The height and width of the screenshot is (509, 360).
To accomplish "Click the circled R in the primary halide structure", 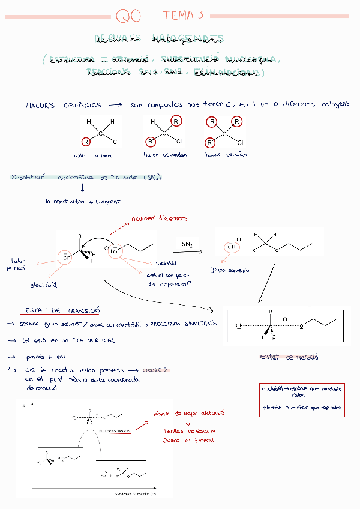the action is point(87,142).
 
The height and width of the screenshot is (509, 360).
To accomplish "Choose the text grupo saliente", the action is point(229,270).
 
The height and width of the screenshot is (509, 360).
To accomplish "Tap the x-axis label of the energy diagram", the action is point(135,493).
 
